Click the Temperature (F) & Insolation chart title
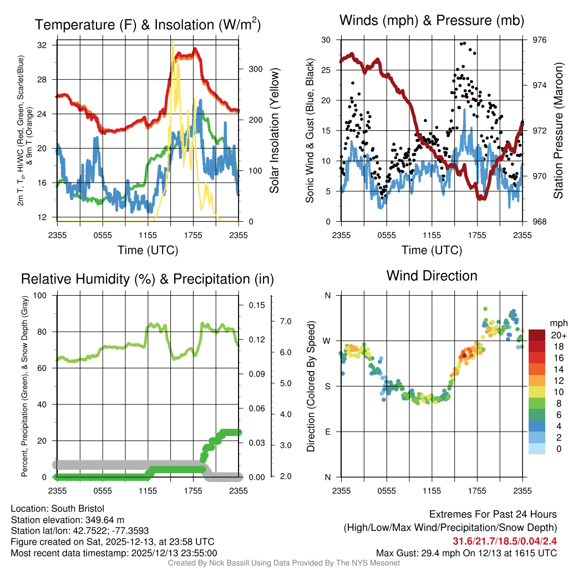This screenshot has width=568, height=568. tap(148, 25)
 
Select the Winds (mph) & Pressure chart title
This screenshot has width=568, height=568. tap(432, 21)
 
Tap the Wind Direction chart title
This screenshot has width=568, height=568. tap(432, 276)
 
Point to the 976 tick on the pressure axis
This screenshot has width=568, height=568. tap(539, 40)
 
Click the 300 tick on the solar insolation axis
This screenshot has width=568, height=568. tap(255, 69)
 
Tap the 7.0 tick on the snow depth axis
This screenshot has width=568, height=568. tap(286, 321)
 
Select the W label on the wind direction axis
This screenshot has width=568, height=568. tap(328, 341)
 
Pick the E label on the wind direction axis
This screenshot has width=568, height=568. tap(328, 432)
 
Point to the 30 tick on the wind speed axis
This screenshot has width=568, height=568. tap(326, 40)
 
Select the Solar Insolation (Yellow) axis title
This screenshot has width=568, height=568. tap(274, 130)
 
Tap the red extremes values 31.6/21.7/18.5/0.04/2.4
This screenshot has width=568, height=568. tap(505, 541)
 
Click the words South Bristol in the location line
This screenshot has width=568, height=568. tap(78, 509)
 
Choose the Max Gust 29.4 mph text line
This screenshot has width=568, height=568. tap(466, 553)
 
